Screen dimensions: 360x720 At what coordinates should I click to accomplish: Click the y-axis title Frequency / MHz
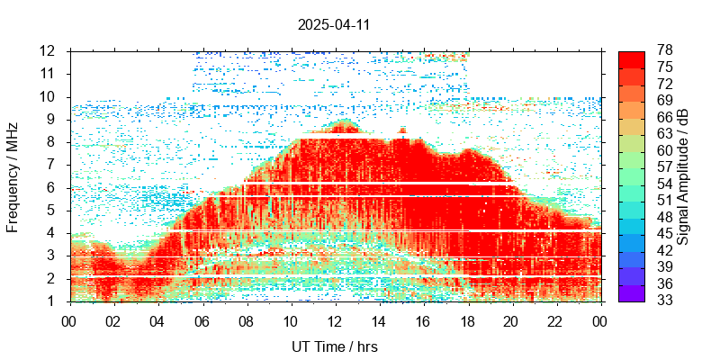pyautogui.click(x=13, y=175)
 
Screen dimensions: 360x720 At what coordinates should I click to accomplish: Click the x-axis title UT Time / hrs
pyautogui.click(x=334, y=346)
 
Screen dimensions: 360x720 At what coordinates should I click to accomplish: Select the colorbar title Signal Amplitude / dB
pyautogui.click(x=684, y=175)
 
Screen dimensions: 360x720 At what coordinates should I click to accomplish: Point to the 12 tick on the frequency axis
pyautogui.click(x=49, y=50)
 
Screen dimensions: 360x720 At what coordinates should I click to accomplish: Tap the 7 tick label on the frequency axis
pyautogui.click(x=52, y=165)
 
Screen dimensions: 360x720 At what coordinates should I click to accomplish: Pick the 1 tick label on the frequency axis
pyautogui.click(x=52, y=301)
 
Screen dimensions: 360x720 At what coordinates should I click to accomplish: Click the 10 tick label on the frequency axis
pyautogui.click(x=49, y=96)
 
